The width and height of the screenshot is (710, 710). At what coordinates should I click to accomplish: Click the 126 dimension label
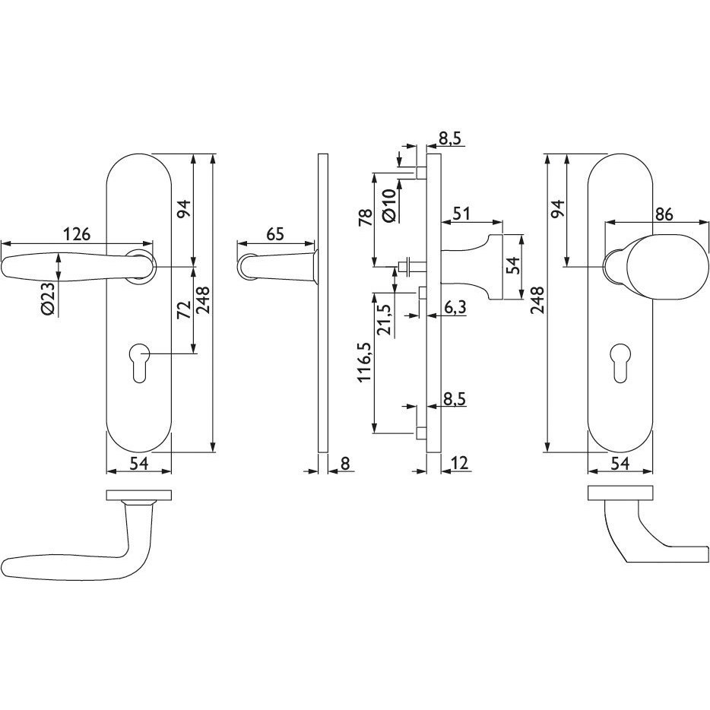coord(77,234)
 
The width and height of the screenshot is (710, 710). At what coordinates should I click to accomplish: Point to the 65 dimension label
coord(275,234)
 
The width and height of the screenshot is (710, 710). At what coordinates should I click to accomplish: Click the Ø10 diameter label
coord(389,206)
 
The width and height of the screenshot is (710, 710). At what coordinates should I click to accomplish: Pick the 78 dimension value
coord(365,217)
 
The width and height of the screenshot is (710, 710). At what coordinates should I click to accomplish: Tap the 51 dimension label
coord(462,214)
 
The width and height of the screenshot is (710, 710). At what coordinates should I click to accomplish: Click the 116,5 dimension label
coord(366,363)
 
